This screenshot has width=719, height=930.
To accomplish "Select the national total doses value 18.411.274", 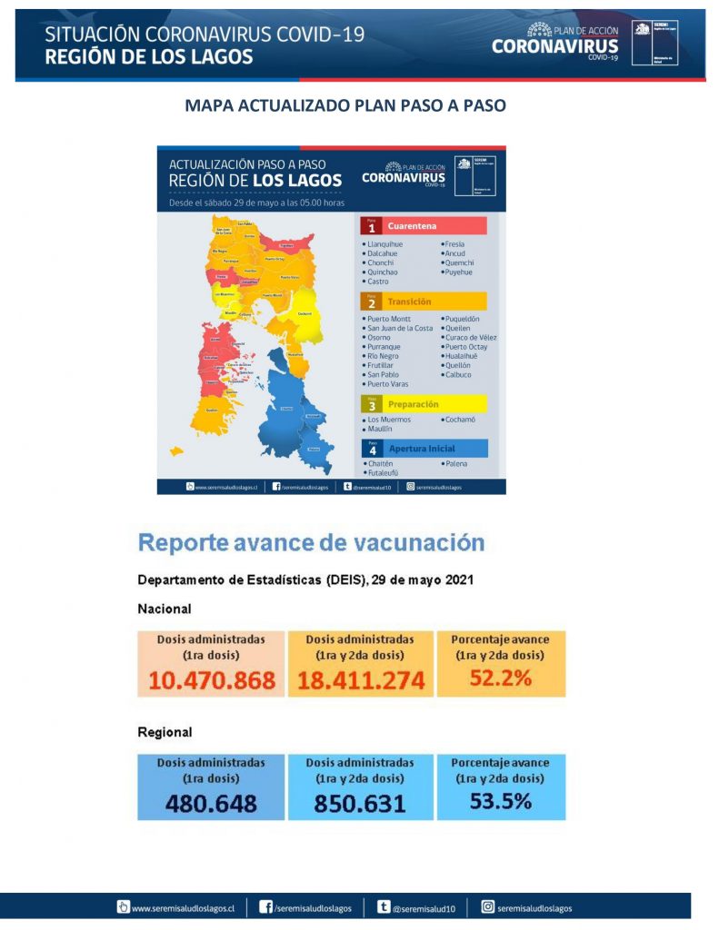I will [x=361, y=680].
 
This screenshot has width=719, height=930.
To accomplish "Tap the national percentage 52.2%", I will [x=500, y=678].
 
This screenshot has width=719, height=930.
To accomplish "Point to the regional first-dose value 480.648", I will [x=211, y=803].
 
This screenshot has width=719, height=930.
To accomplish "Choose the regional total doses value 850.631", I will [x=360, y=803].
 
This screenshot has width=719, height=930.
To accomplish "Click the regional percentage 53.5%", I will [x=500, y=800].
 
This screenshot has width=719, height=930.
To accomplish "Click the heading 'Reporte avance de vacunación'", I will [x=311, y=543].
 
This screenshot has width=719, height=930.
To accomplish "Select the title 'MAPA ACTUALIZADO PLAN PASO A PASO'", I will [x=345, y=105].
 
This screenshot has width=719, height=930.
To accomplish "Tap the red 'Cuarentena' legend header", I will [x=412, y=226].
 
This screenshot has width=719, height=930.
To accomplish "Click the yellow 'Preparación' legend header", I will [x=413, y=404].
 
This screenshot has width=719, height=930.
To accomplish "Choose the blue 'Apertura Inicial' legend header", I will [x=421, y=449].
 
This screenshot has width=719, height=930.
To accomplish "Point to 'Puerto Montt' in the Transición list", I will [x=389, y=319].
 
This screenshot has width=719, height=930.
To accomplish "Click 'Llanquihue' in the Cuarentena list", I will [x=384, y=244].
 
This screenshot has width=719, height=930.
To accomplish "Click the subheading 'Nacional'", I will [x=164, y=608].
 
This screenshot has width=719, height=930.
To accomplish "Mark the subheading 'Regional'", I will [x=165, y=732].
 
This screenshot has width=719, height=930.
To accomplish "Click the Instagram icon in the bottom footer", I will [x=488, y=906].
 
